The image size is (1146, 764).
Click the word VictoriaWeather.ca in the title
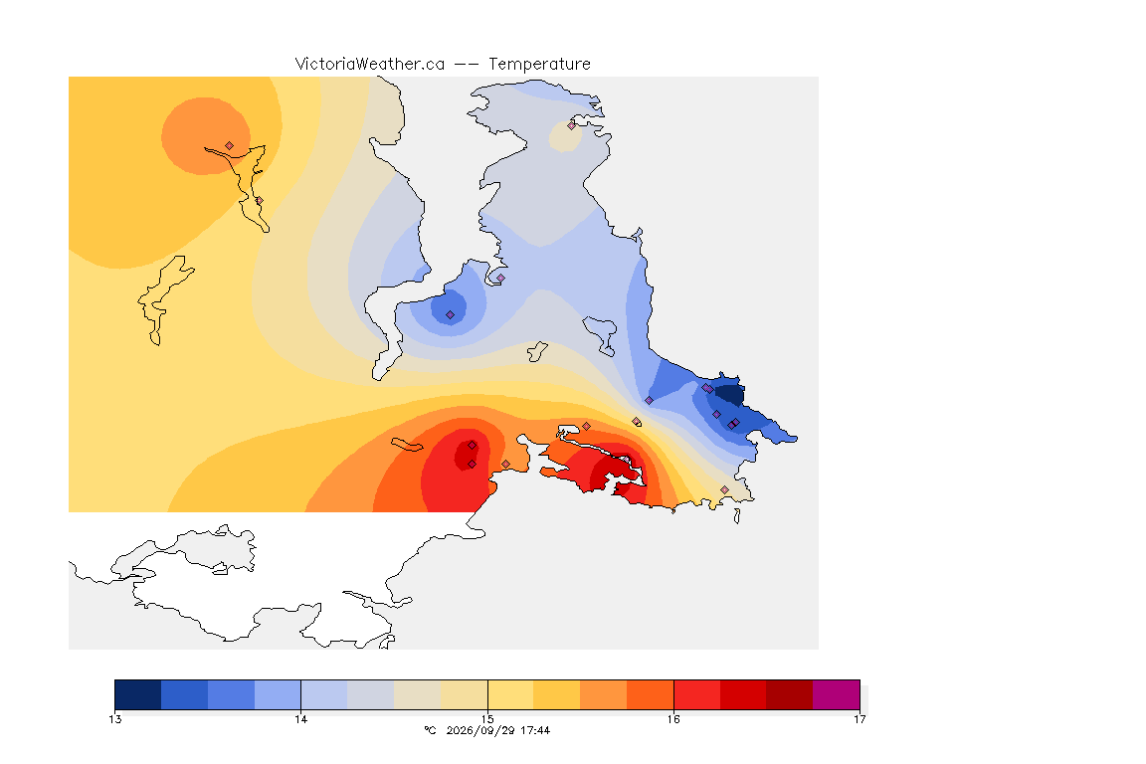[370, 65]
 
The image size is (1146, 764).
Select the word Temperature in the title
[539, 65]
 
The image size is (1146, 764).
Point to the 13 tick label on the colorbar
[114, 719]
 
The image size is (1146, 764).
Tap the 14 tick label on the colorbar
[301, 719]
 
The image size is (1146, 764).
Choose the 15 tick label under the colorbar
[487, 719]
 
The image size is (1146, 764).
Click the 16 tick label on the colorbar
[673, 719]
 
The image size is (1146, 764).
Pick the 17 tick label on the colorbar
[859, 719]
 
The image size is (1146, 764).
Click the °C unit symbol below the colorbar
[430, 730]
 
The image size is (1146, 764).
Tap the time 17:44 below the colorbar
[535, 730]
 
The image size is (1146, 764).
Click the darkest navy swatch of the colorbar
[138, 694]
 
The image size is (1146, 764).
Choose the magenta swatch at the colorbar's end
[836, 694]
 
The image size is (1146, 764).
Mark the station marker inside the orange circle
[230, 146]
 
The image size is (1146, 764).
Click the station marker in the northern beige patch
[572, 125]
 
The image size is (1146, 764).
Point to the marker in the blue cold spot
[451, 315]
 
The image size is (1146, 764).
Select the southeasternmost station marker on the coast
[724, 489]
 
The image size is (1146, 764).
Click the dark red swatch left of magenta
[789, 694]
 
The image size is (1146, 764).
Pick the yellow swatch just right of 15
[511, 694]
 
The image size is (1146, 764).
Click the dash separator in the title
[467, 65]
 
